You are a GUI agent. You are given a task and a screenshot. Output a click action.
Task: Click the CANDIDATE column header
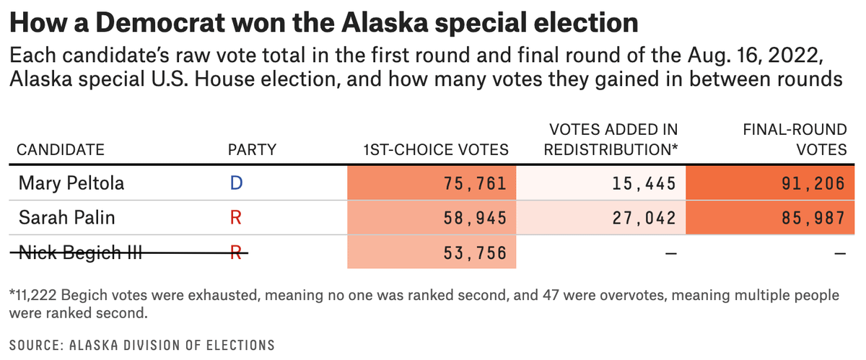[61, 150]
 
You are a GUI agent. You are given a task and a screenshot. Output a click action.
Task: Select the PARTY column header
[252, 150]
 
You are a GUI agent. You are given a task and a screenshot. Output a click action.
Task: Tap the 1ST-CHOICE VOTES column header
[436, 150]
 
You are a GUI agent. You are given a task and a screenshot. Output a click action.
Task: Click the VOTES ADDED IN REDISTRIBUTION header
[611, 140]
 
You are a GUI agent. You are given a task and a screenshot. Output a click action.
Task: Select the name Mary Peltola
[71, 183]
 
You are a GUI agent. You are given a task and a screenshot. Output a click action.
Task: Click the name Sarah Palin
[66, 217]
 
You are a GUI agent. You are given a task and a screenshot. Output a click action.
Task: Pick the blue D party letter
[235, 183]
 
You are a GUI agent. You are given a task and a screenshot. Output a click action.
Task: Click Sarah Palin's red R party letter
[235, 217]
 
